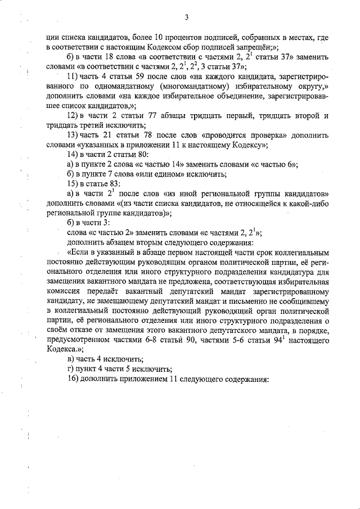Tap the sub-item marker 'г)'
tap(71, 369)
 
